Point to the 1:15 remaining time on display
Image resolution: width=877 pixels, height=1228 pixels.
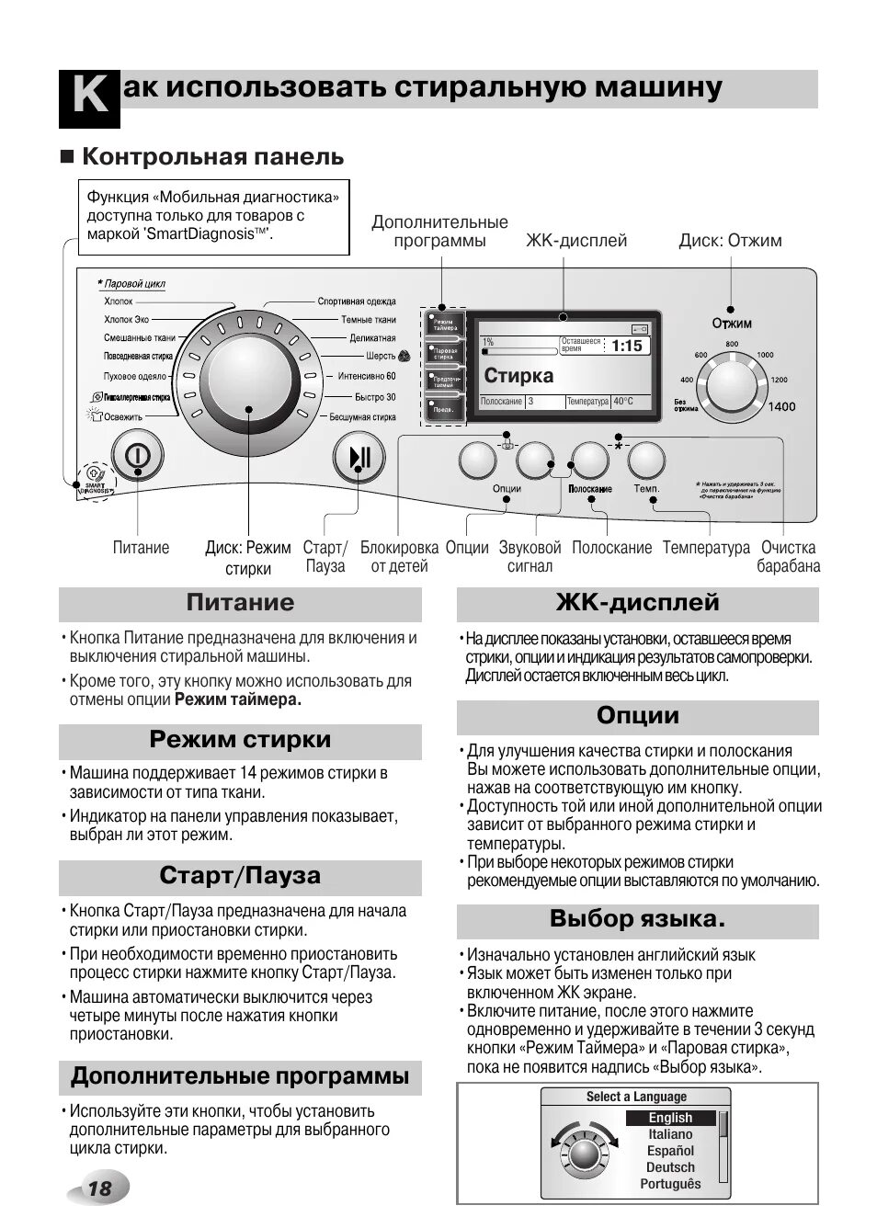click(x=627, y=347)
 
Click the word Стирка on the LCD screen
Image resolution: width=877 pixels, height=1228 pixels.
click(x=518, y=375)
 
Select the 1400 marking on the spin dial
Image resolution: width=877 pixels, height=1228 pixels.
click(x=781, y=406)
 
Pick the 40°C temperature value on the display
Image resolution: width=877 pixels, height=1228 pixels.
click(x=624, y=402)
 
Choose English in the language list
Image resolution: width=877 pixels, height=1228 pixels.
click(x=670, y=1118)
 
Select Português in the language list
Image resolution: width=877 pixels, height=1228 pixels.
click(x=670, y=1184)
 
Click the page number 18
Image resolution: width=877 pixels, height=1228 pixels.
click(x=98, y=1188)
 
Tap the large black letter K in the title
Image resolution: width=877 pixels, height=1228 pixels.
click(x=89, y=97)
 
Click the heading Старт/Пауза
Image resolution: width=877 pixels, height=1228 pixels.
click(x=240, y=875)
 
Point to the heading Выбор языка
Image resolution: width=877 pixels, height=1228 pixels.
click(x=637, y=919)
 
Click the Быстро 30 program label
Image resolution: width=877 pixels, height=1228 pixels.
click(x=375, y=397)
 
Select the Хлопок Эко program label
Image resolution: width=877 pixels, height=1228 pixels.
click(x=126, y=320)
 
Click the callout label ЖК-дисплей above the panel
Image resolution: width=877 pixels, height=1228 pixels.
click(x=576, y=241)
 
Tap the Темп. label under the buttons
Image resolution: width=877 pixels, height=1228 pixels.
click(x=646, y=488)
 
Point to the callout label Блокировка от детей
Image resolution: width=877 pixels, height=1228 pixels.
click(x=399, y=557)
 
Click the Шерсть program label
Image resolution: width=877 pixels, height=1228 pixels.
click(x=381, y=356)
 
